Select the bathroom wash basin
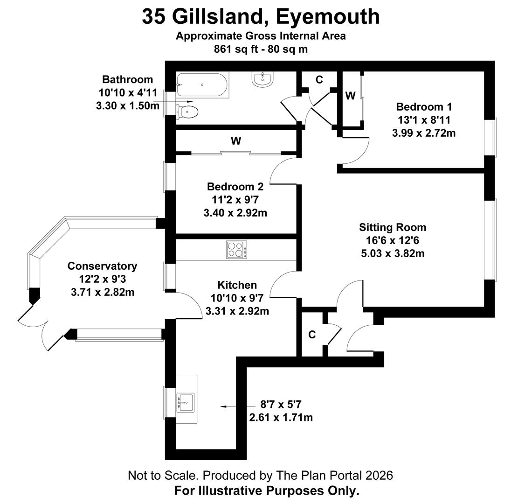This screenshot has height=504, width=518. click(263, 79)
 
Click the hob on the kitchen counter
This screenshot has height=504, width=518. click(236, 249)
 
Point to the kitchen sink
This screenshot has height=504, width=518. click(186, 401)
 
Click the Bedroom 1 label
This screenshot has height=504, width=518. click(423, 106)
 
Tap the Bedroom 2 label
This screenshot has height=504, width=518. click(235, 187)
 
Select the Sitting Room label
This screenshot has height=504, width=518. click(392, 227)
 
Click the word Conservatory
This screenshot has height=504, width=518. click(102, 266)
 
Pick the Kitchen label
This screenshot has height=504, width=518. click(237, 285)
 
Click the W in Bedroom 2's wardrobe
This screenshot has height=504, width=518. click(236, 140)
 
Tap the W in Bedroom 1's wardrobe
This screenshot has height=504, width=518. click(350, 96)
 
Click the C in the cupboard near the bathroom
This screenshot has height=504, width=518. click(319, 80)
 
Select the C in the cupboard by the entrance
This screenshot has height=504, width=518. click(312, 335)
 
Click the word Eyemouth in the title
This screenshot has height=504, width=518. click(328, 17)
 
